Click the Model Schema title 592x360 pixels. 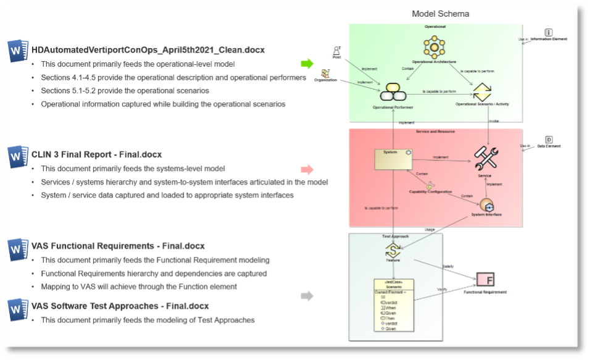coord(440,14)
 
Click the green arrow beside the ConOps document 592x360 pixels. coord(307,64)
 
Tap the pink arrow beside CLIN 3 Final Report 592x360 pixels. coord(307,169)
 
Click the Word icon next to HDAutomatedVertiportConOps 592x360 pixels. coord(19,51)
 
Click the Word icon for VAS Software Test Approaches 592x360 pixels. coord(19,307)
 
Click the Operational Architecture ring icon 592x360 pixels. coord(434,47)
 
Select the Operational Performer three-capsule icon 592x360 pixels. coord(392,93)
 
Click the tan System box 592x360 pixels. coord(394,159)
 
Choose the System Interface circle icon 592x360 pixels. coord(486,205)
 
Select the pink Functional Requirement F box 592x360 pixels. coord(486,280)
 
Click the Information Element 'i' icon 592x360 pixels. coord(549,32)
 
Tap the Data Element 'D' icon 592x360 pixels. coord(549,140)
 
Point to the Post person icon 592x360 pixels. coord(336,51)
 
